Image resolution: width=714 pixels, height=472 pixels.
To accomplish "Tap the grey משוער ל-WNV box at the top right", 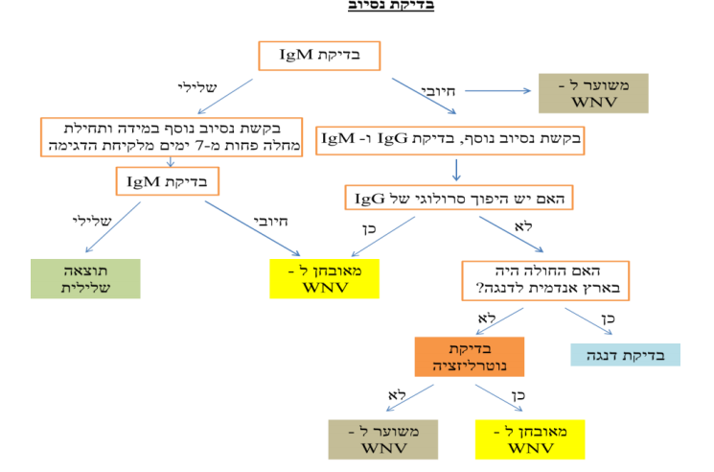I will click(592, 93).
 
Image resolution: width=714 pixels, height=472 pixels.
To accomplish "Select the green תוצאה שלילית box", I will click(85, 278).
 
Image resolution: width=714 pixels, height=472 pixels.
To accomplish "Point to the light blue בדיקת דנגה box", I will click(625, 354).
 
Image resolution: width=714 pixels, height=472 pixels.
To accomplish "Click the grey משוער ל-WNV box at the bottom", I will click(373, 438).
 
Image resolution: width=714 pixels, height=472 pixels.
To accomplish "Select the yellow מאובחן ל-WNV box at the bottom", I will click(530, 438).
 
